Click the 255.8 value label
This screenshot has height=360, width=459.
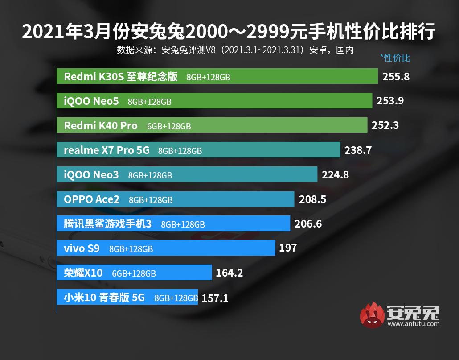click(x=396, y=76)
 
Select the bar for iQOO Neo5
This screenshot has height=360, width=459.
click(x=214, y=101)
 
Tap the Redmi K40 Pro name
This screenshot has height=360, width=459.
click(x=101, y=126)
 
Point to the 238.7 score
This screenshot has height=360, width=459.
click(x=358, y=150)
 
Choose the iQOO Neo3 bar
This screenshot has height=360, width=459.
click(x=187, y=175)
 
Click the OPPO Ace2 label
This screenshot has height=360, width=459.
click(x=92, y=199)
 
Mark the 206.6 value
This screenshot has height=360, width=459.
click(x=308, y=224)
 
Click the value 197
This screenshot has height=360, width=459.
click(x=288, y=248)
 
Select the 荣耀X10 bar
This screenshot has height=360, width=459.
click(x=134, y=273)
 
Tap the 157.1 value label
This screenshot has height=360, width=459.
click(x=215, y=298)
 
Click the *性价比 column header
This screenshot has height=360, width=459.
click(x=395, y=58)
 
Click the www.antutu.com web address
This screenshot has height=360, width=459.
click(x=414, y=324)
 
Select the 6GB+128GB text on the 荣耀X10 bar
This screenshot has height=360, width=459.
click(x=134, y=273)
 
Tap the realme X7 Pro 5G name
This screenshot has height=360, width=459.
click(x=107, y=150)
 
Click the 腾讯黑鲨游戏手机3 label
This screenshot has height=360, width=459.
click(x=108, y=224)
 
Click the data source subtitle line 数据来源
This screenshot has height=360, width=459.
click(x=235, y=50)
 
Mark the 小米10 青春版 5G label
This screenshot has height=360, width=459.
click(x=104, y=298)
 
